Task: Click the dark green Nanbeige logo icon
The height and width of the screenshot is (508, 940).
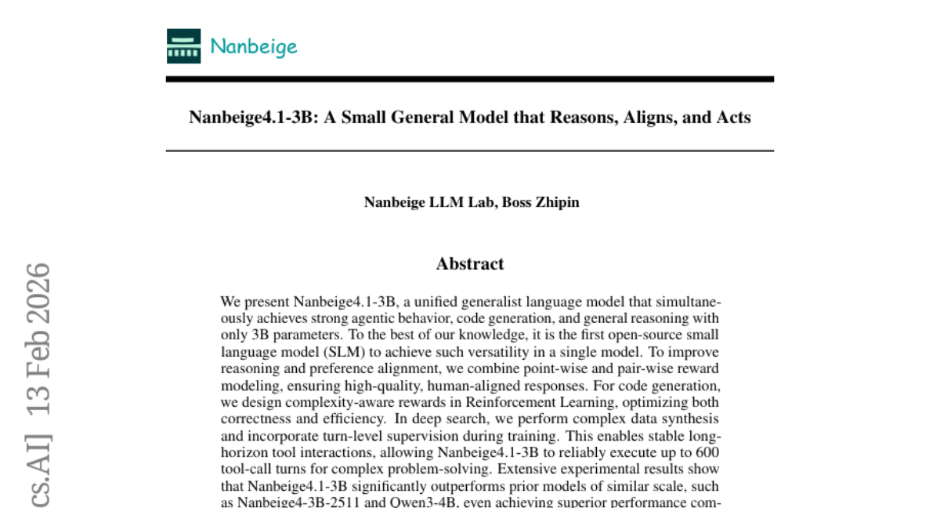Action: click(x=183, y=45)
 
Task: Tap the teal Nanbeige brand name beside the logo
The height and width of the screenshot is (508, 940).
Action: click(x=254, y=46)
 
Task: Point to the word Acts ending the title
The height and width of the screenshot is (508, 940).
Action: click(x=733, y=118)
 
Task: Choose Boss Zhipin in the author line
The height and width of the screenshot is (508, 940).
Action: click(x=540, y=202)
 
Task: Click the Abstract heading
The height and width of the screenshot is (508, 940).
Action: click(x=470, y=263)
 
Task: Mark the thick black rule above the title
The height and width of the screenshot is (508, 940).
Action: click(x=470, y=79)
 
